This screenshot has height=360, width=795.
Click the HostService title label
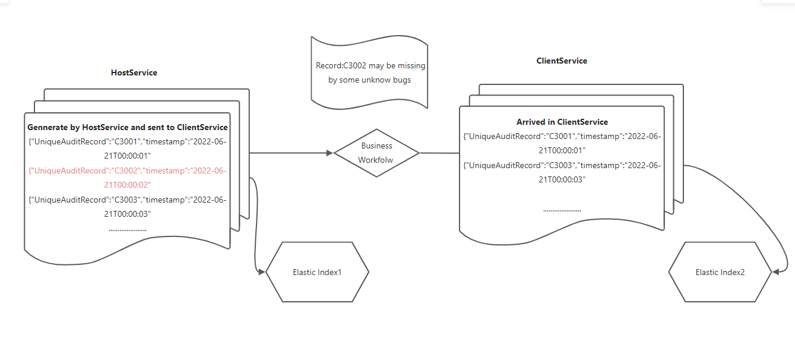(x=134, y=72)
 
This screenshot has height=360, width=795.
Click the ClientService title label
(x=562, y=61)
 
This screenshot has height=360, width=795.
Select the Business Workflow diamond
(x=376, y=153)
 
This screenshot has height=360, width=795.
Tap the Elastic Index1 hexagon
(x=317, y=272)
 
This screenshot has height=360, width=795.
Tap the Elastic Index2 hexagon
(x=720, y=272)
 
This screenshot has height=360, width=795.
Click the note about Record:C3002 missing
(x=370, y=72)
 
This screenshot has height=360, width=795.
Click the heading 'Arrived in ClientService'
(x=562, y=122)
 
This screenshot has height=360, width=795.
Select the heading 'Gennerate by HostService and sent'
(x=128, y=127)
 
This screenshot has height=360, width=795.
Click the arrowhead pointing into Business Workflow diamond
(x=330, y=153)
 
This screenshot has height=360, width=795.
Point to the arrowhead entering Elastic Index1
(x=262, y=271)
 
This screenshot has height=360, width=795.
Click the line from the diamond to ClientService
(x=439, y=153)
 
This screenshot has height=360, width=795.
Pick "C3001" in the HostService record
(x=126, y=142)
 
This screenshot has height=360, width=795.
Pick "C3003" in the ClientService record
(x=560, y=165)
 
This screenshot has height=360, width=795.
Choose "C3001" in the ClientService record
(x=560, y=136)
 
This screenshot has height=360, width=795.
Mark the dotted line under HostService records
(x=128, y=229)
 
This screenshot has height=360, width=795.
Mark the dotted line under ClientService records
(x=562, y=210)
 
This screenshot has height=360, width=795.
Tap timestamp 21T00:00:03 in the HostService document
(x=128, y=214)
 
